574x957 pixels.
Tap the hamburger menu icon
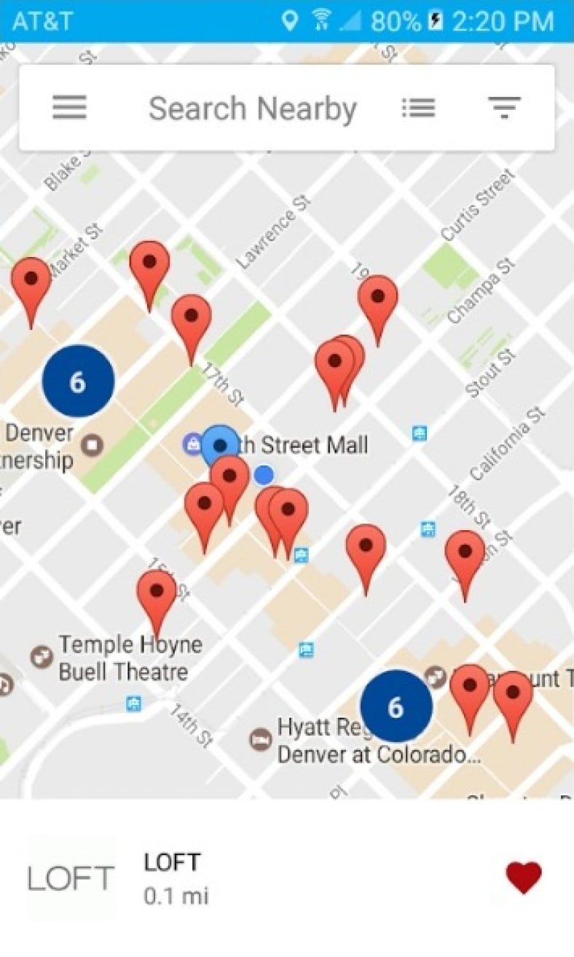(70, 108)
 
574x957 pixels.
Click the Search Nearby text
(252, 109)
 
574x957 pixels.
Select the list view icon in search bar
(418, 108)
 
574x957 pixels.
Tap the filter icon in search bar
(504, 108)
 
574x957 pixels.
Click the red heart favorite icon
(524, 877)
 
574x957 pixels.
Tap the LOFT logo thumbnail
(71, 878)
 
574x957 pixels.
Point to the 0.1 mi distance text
(176, 896)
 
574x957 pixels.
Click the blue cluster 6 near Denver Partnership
(78, 382)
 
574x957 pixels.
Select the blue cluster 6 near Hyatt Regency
(396, 706)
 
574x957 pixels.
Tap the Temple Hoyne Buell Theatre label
(130, 658)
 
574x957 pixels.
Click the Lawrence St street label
(273, 229)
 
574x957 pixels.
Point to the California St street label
(507, 444)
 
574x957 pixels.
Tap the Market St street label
(76, 252)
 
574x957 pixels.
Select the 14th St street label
(192, 724)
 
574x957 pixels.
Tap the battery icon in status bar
(436, 20)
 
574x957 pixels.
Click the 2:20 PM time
(503, 21)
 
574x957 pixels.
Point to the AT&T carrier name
(42, 21)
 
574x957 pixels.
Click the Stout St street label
(491, 374)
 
